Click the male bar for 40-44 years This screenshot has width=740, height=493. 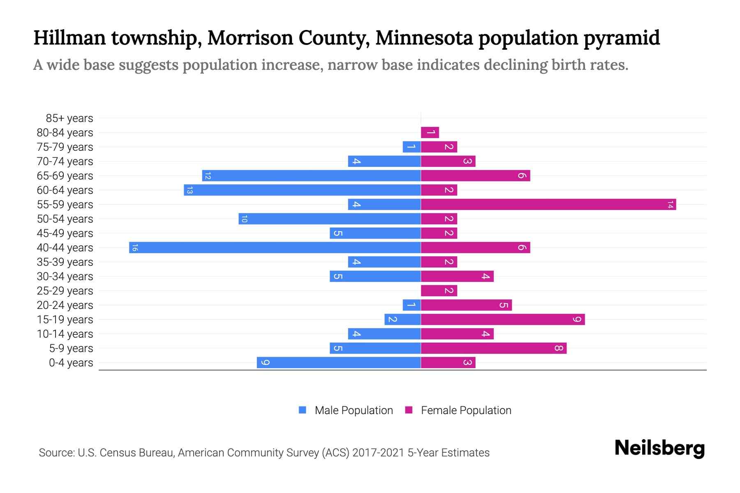275,248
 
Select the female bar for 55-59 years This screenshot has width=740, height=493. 548,205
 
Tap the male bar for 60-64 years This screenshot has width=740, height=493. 302,190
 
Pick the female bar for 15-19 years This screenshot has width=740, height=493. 502,320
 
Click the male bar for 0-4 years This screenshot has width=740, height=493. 339,363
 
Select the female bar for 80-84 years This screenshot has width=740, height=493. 430,133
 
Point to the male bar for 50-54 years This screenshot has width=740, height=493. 329,219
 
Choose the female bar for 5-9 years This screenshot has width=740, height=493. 493,348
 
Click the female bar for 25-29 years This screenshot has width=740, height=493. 439,291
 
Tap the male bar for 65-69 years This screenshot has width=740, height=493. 311,176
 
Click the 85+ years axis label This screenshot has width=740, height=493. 69,118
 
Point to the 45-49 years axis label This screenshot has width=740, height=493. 65,233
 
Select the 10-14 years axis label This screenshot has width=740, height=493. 65,334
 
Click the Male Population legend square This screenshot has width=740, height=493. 303,410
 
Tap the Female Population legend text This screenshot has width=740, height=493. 466,410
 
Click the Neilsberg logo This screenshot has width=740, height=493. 659,448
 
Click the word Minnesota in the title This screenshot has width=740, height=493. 424,38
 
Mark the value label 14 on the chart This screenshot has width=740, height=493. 671,205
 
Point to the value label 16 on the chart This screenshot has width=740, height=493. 135,248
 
